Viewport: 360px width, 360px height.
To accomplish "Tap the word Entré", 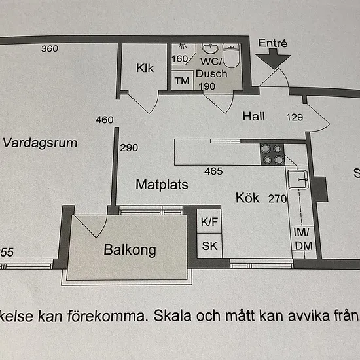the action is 272,43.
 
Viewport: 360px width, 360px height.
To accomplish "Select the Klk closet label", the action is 145,68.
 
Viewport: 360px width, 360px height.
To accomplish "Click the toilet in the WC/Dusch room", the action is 232,56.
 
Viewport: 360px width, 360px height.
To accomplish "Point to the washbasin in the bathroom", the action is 210,48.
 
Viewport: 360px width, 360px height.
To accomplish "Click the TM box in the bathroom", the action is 182,81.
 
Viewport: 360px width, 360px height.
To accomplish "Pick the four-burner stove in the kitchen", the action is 272,154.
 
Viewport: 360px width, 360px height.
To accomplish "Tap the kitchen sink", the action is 298,179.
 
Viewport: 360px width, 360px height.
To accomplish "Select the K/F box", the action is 209,221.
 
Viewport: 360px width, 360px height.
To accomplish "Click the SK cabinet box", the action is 209,246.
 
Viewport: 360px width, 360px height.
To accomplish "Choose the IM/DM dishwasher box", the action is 303,239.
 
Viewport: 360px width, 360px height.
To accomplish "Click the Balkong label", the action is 130,250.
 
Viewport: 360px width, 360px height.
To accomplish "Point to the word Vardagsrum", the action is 40,143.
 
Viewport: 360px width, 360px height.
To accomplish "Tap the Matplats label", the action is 162,185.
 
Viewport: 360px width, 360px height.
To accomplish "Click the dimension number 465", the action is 213,171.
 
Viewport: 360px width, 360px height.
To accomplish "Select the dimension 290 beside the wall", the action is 129,148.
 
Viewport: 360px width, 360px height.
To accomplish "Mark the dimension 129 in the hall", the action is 295,117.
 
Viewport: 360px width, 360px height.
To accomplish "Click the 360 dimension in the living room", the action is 50,48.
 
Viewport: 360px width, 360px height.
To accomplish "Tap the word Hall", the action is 254,116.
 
